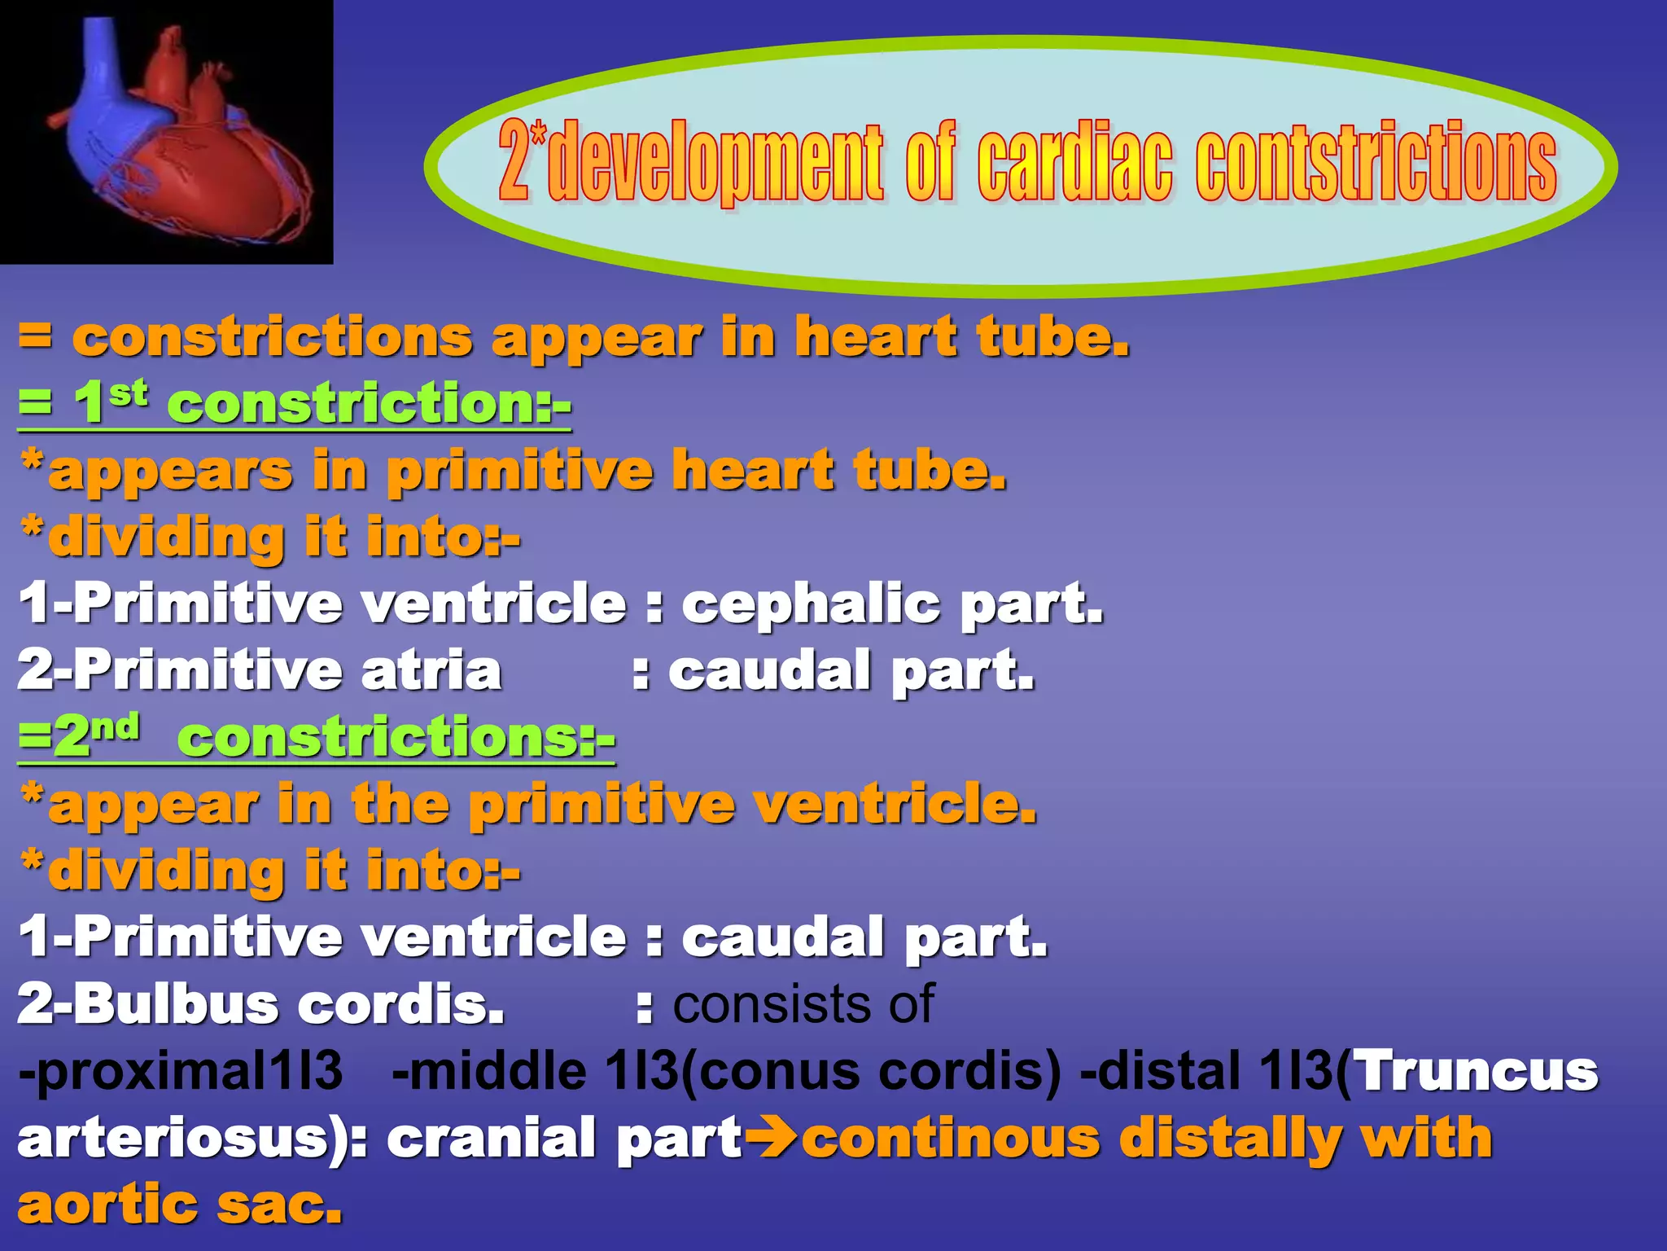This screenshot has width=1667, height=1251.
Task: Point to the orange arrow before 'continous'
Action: [772, 1139]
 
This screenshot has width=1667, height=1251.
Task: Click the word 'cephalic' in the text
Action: [810, 604]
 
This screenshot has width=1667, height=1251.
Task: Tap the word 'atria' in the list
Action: [431, 671]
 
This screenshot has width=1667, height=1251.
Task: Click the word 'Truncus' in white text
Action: [1477, 1071]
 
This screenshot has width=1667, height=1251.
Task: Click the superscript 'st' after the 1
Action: [129, 393]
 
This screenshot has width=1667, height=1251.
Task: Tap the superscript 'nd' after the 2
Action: [115, 726]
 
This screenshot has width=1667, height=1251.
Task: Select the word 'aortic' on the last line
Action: [107, 1205]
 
